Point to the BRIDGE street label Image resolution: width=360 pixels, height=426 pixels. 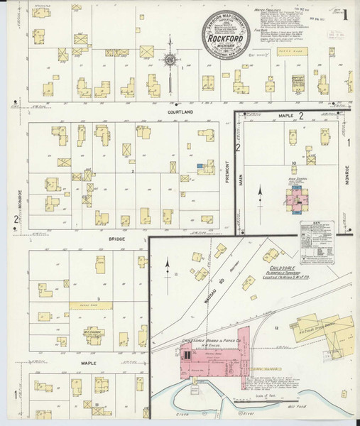click(116, 240)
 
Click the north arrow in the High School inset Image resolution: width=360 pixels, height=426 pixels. click(260, 192)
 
